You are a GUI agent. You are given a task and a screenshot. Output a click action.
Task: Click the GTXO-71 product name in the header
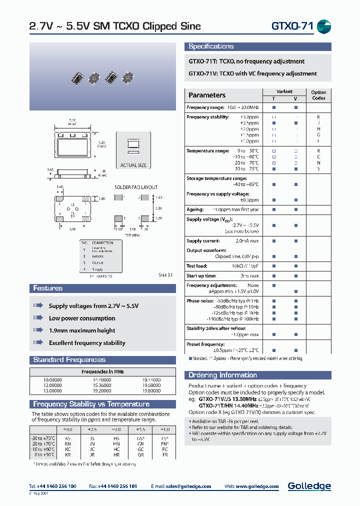[292, 26]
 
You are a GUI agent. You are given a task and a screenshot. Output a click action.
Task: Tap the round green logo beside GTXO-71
[324, 27]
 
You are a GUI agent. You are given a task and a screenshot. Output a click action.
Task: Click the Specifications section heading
[210, 46]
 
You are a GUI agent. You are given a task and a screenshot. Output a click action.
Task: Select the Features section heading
[48, 288]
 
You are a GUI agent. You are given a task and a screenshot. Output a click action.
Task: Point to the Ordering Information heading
[222, 375]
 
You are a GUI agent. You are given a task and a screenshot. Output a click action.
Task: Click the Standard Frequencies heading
[69, 360]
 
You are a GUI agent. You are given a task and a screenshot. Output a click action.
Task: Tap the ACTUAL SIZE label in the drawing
[133, 165]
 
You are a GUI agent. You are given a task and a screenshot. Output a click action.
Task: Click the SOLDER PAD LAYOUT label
[136, 187]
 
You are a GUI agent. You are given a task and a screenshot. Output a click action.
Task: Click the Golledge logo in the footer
[309, 486]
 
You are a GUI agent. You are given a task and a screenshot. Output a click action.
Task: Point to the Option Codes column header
[318, 95]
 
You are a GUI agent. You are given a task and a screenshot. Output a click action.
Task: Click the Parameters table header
[206, 95]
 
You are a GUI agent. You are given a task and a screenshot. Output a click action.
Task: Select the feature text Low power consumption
[82, 318]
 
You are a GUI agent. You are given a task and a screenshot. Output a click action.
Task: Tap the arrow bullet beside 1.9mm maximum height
[38, 330]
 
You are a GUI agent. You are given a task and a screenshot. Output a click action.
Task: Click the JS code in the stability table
[92, 423]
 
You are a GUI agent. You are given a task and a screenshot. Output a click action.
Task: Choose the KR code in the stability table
[67, 440]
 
